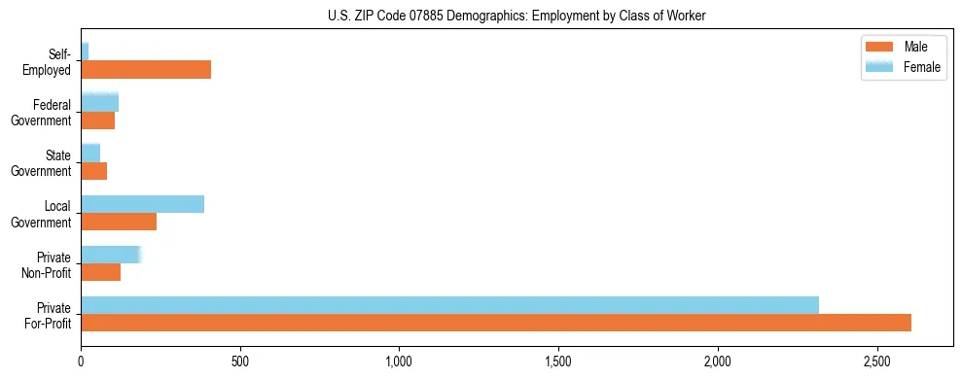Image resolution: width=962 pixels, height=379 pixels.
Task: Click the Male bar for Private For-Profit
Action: [x=496, y=323]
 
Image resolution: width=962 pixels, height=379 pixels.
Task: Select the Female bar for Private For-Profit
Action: [x=449, y=305]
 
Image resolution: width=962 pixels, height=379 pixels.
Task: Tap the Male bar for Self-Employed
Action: [x=146, y=70]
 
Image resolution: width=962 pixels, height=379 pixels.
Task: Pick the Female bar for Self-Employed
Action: [x=85, y=52]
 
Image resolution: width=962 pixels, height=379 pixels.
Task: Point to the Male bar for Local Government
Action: [x=119, y=222]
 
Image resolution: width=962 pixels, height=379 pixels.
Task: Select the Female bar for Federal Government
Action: [x=99, y=102]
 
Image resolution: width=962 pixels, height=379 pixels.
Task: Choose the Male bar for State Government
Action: [x=93, y=171]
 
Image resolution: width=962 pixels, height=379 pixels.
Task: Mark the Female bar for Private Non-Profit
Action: [x=111, y=255]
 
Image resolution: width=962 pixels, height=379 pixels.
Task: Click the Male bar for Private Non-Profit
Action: [x=100, y=272]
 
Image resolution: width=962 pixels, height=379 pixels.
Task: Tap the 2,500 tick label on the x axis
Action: [x=876, y=362]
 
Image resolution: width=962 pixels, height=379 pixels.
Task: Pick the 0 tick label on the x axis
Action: [x=81, y=362]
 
